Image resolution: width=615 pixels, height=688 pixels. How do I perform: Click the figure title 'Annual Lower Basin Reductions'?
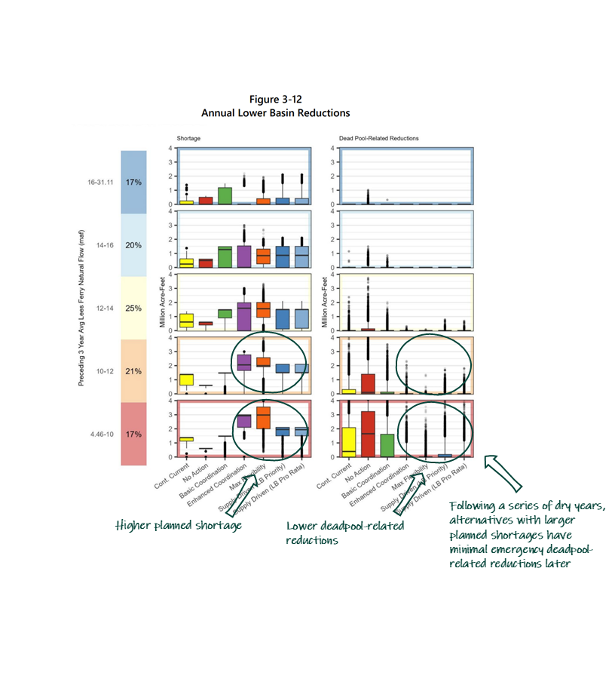[275, 112]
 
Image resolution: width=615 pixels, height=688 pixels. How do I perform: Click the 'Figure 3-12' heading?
[275, 100]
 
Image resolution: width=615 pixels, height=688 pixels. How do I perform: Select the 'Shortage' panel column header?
[188, 139]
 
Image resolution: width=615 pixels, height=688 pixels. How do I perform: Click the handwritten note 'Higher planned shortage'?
[178, 525]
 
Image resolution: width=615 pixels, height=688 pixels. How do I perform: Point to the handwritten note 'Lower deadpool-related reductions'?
[344, 533]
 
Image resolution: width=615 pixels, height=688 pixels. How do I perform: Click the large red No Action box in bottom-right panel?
[368, 434]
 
